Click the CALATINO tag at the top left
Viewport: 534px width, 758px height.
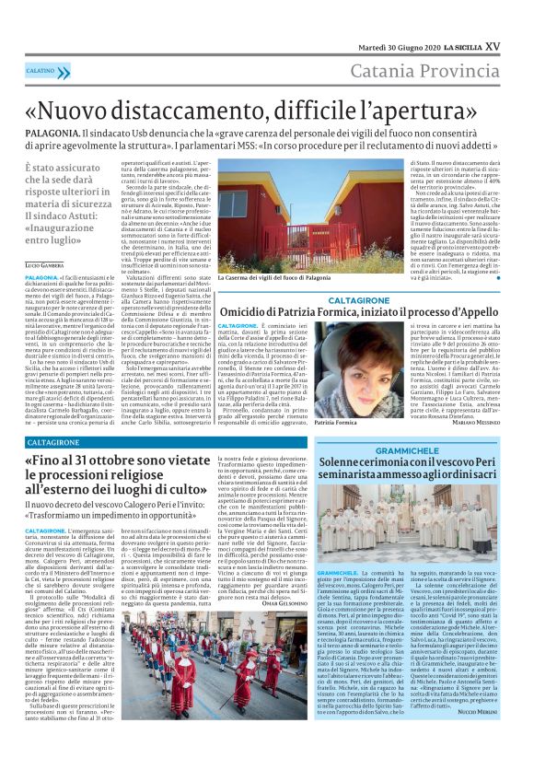[x=41, y=70]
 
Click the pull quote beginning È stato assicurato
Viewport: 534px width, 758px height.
[x=57, y=213]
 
